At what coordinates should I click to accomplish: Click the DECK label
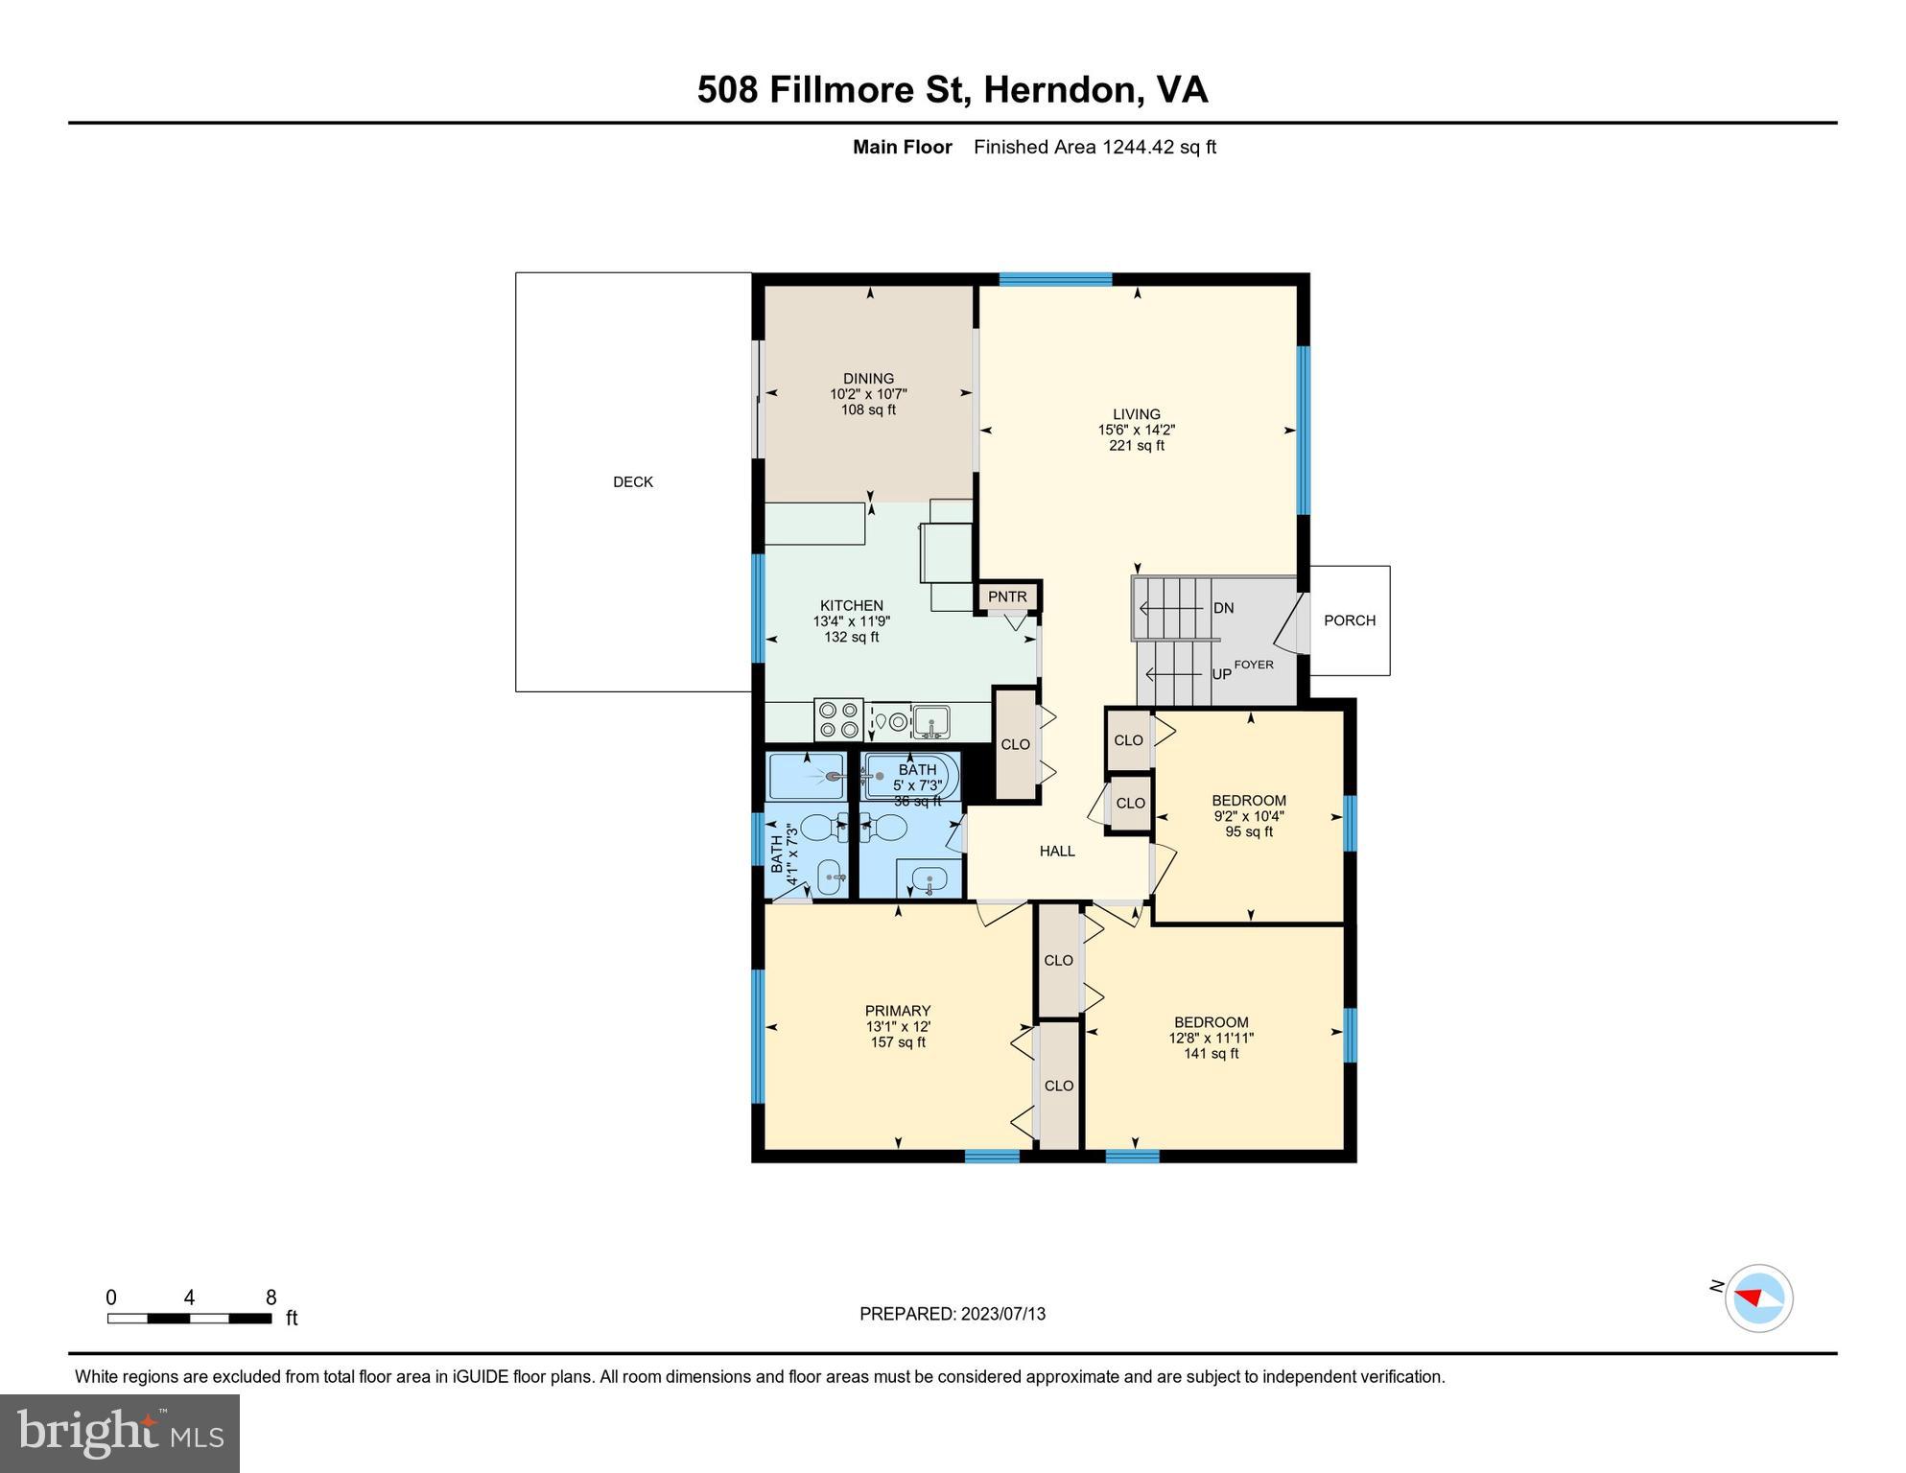tap(632, 482)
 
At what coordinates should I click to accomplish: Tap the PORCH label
tap(1349, 620)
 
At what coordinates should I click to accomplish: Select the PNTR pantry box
tap(1007, 596)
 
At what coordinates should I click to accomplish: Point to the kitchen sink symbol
tap(929, 720)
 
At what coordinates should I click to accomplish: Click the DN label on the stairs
tap(1223, 608)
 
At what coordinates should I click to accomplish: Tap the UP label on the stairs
tap(1221, 674)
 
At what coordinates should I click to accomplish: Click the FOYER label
tap(1254, 664)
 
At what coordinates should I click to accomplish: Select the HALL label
tap(1057, 851)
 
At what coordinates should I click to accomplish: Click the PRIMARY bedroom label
tap(897, 1010)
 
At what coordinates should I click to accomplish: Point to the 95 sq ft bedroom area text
tap(1248, 831)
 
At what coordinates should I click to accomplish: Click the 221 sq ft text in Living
tap(1137, 446)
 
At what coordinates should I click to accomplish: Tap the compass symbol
tap(1758, 1298)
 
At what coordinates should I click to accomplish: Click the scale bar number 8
tap(271, 1298)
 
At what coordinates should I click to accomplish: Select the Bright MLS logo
tap(120, 1433)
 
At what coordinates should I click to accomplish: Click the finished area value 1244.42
tap(1138, 147)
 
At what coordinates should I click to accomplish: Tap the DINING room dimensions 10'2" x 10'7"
tap(868, 394)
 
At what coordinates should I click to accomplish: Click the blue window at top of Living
tap(1055, 279)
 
